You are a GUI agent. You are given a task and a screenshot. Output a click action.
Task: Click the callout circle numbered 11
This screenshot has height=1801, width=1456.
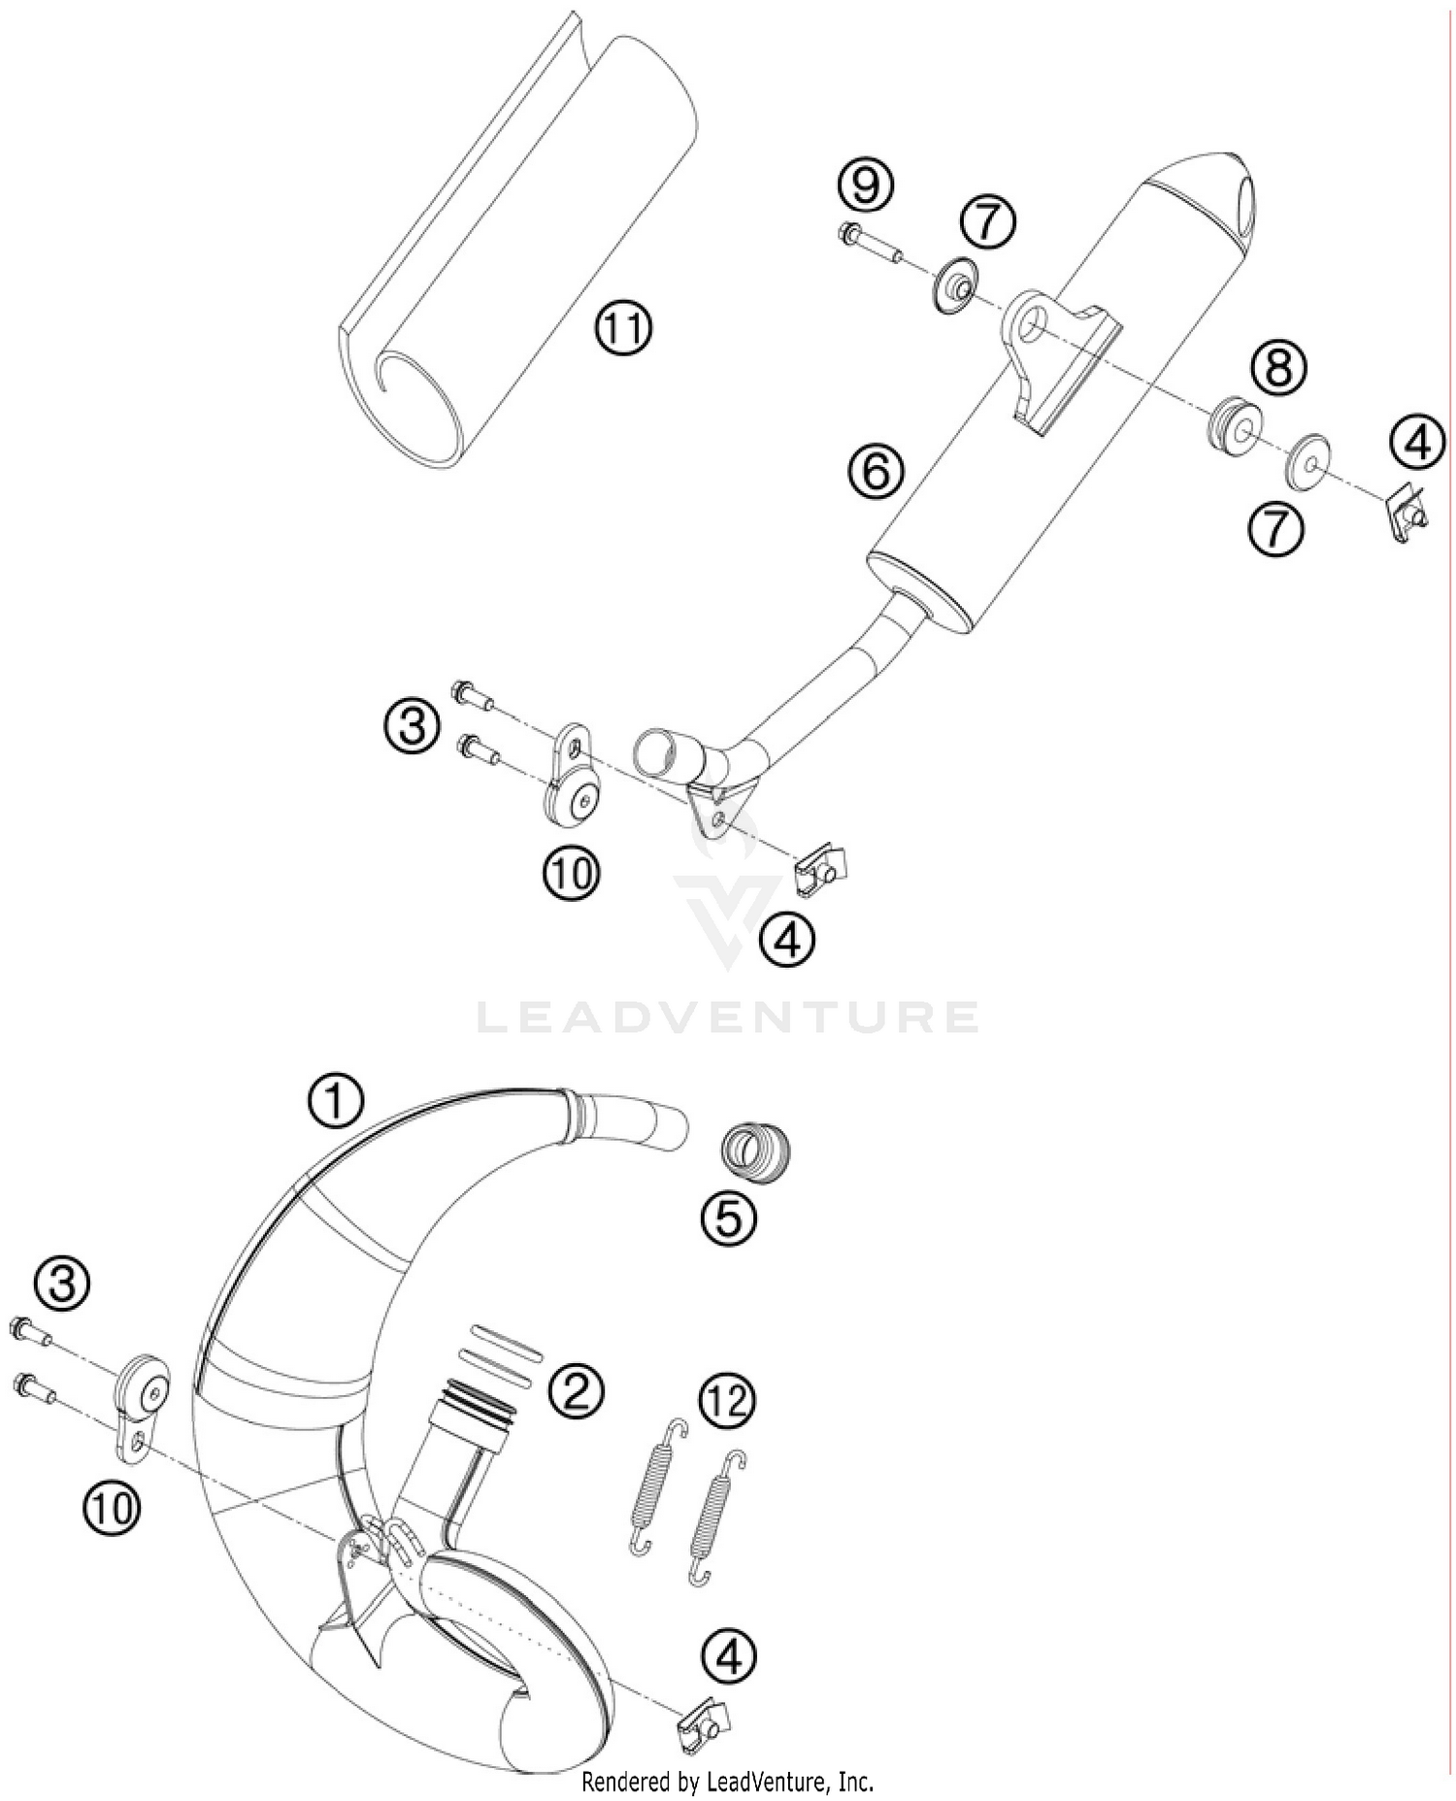623,328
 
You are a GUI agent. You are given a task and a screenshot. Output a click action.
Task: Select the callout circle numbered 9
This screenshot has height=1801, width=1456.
866,184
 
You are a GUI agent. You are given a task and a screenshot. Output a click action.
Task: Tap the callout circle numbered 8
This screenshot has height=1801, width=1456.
1278,368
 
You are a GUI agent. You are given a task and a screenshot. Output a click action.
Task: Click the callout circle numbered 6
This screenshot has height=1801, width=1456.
875,472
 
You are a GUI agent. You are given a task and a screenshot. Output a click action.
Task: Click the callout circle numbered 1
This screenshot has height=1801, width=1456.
335,1102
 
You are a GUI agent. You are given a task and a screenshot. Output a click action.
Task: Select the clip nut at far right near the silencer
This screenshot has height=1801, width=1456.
1404,514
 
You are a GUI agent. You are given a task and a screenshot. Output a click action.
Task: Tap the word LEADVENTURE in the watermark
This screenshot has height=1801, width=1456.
728,1017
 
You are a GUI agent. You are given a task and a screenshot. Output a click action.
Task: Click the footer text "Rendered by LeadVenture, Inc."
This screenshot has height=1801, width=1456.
727,1783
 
